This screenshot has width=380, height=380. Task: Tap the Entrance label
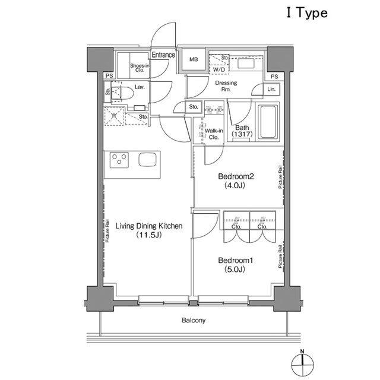coord(163,55)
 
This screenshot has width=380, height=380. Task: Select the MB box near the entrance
coord(194,60)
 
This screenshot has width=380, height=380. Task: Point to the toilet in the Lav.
coord(123,93)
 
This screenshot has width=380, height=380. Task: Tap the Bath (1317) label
coord(242,131)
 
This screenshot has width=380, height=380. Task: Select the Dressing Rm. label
coord(226,87)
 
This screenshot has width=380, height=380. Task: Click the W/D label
coord(218,69)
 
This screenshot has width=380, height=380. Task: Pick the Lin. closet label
coord(271,89)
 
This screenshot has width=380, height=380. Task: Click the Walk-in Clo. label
coord(213,134)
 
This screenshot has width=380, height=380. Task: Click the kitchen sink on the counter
coord(148,159)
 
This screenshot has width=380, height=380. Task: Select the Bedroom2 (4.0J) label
coord(236,180)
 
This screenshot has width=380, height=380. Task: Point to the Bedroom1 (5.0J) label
coord(236,265)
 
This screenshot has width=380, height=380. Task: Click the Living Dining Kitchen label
coord(148,230)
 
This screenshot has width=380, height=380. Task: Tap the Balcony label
coord(193,321)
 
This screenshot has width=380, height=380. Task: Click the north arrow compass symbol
coord(302,362)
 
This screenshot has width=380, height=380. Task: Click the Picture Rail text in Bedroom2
coord(280,177)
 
